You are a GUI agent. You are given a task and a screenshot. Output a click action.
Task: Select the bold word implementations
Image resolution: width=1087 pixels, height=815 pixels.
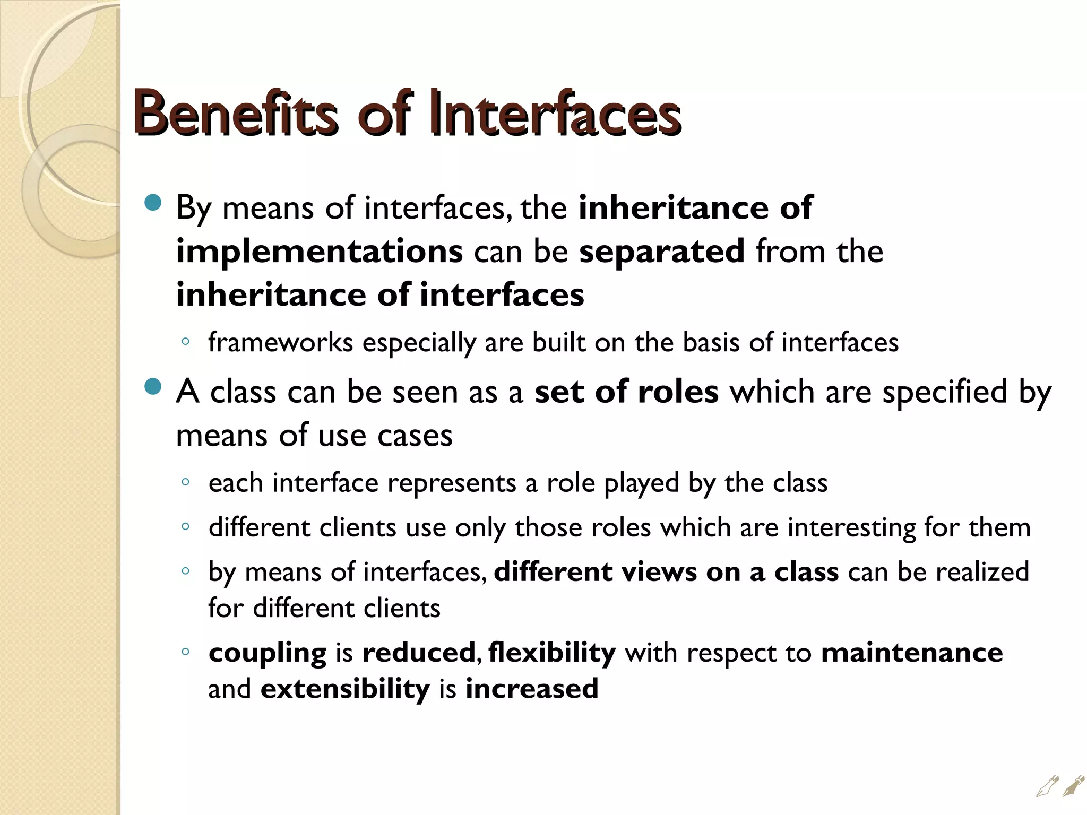coord(319,251)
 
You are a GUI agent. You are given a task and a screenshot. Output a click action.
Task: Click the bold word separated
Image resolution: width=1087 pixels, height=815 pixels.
coord(661,251)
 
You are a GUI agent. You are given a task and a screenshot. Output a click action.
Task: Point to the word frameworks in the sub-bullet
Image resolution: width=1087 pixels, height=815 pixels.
coord(280,342)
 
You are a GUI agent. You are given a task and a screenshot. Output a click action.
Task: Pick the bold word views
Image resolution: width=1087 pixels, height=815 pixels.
coord(659,572)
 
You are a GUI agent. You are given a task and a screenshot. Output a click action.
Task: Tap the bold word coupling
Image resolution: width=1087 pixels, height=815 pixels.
coord(268,653)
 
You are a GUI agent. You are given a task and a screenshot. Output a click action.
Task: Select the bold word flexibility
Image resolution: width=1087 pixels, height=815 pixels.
coord(552,652)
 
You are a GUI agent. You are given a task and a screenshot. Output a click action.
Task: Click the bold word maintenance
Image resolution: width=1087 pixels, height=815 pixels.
coord(912,652)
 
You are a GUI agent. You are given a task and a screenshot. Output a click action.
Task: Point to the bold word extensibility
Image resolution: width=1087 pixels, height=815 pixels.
coord(345,689)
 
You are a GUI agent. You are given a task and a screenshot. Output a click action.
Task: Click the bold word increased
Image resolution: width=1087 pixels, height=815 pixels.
coord(532,689)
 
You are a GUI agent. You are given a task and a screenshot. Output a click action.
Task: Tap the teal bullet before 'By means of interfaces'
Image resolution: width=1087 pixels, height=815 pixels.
coord(153,203)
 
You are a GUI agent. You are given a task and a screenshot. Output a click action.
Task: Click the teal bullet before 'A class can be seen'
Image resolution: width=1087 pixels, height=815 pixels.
coord(153,387)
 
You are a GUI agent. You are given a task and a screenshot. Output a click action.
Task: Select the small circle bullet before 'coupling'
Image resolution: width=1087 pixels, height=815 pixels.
coord(185,652)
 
